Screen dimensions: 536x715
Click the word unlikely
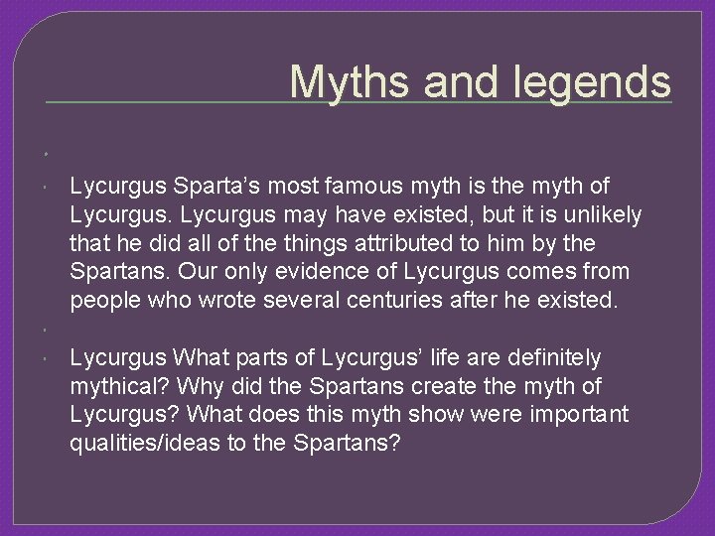click(x=602, y=214)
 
